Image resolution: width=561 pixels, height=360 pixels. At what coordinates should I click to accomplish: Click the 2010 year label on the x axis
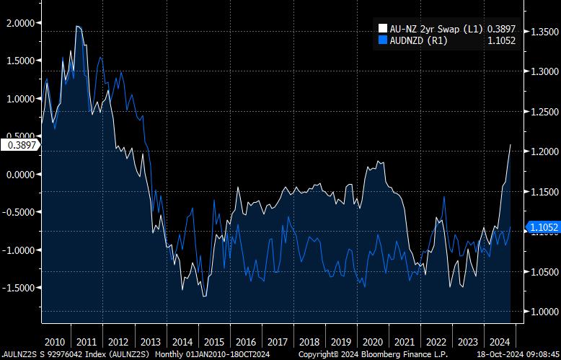pyautogui.click(x=56, y=341)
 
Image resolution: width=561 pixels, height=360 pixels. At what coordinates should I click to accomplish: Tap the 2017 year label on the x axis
pyautogui.click(x=277, y=341)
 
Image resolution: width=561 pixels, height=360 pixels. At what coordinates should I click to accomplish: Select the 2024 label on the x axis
pyautogui.click(x=498, y=341)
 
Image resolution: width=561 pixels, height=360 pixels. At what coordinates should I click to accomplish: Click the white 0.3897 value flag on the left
pyautogui.click(x=22, y=145)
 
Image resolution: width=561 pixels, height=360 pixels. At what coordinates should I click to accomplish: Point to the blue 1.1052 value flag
pyautogui.click(x=544, y=227)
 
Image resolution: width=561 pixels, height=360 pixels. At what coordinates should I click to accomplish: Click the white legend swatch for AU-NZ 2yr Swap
pyautogui.click(x=383, y=28)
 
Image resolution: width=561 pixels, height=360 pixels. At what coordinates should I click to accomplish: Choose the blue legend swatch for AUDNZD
pyautogui.click(x=383, y=40)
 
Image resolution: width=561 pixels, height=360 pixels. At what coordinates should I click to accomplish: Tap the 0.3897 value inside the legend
pyautogui.click(x=501, y=28)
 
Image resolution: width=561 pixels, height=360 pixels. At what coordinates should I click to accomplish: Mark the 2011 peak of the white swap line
pyautogui.click(x=77, y=26)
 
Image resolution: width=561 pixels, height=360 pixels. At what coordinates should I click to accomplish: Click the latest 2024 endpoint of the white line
pyautogui.click(x=511, y=145)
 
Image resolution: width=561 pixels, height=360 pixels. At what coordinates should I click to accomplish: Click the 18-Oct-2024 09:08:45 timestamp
pyautogui.click(x=513, y=354)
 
